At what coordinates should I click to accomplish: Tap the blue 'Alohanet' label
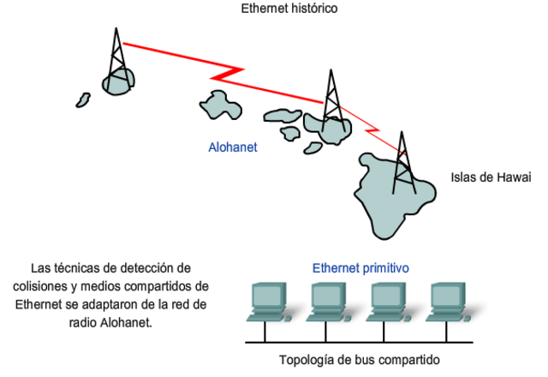[x=233, y=147]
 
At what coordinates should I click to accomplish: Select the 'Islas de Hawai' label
[x=491, y=177]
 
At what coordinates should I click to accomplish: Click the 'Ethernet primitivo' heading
[x=360, y=268]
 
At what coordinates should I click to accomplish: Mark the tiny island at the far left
[x=82, y=100]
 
